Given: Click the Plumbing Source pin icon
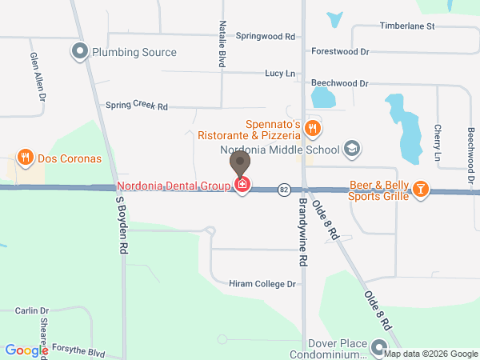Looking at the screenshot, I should click(x=80, y=53).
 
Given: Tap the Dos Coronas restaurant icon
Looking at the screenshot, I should click(x=26, y=158).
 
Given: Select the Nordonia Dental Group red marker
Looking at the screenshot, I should click(x=242, y=186).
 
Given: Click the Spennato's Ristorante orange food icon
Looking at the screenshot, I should click(x=314, y=126).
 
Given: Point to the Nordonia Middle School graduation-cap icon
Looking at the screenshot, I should click(x=350, y=149).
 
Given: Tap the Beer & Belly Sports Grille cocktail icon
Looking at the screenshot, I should click(x=420, y=190).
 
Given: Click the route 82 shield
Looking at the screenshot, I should click(x=284, y=190).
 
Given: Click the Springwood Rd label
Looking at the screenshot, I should click(x=266, y=36).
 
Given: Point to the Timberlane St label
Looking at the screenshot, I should click(x=406, y=26).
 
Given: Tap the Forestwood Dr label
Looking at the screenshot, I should click(x=340, y=51).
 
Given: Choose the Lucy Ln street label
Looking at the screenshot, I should click(x=280, y=74).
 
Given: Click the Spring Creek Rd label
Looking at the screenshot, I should click(x=137, y=106).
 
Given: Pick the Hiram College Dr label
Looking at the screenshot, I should click(x=262, y=284).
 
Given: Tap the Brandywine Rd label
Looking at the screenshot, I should click(x=303, y=233).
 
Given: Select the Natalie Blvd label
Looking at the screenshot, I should click(x=223, y=43).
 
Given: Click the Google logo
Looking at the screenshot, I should click(x=27, y=350).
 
